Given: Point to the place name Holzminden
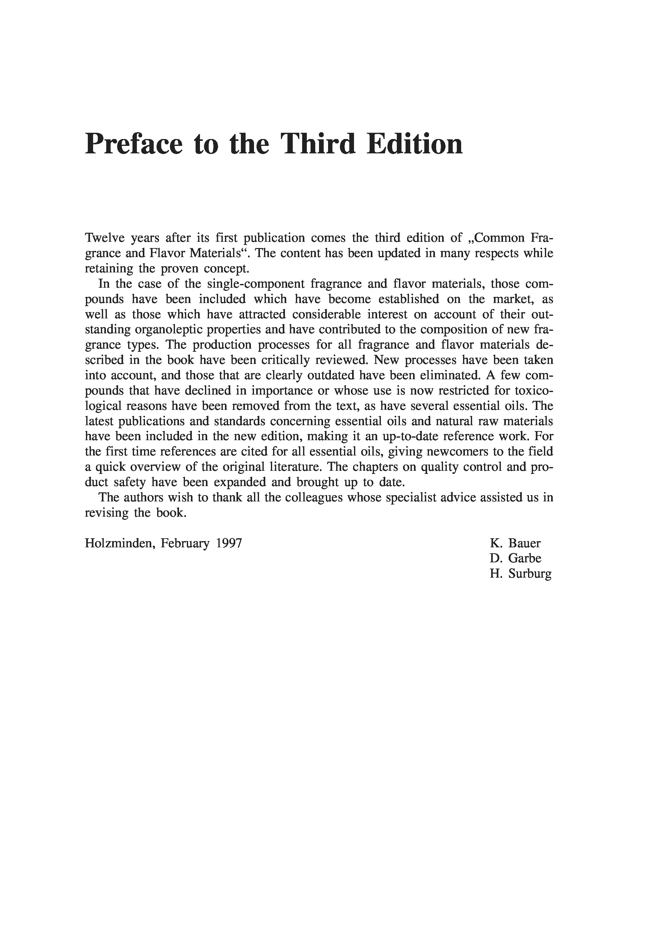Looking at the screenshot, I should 119,543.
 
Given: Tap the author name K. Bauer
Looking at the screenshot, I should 515,543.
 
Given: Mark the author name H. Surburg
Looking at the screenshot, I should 520,574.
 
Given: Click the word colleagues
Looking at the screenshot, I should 312,498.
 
